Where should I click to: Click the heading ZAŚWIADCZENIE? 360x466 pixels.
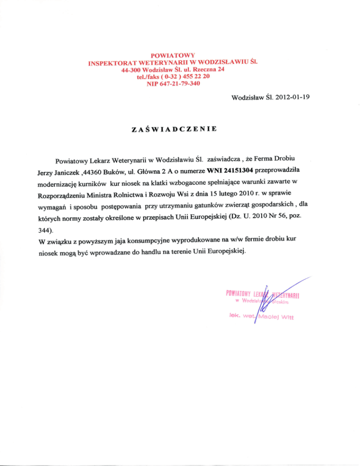click(173, 129)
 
